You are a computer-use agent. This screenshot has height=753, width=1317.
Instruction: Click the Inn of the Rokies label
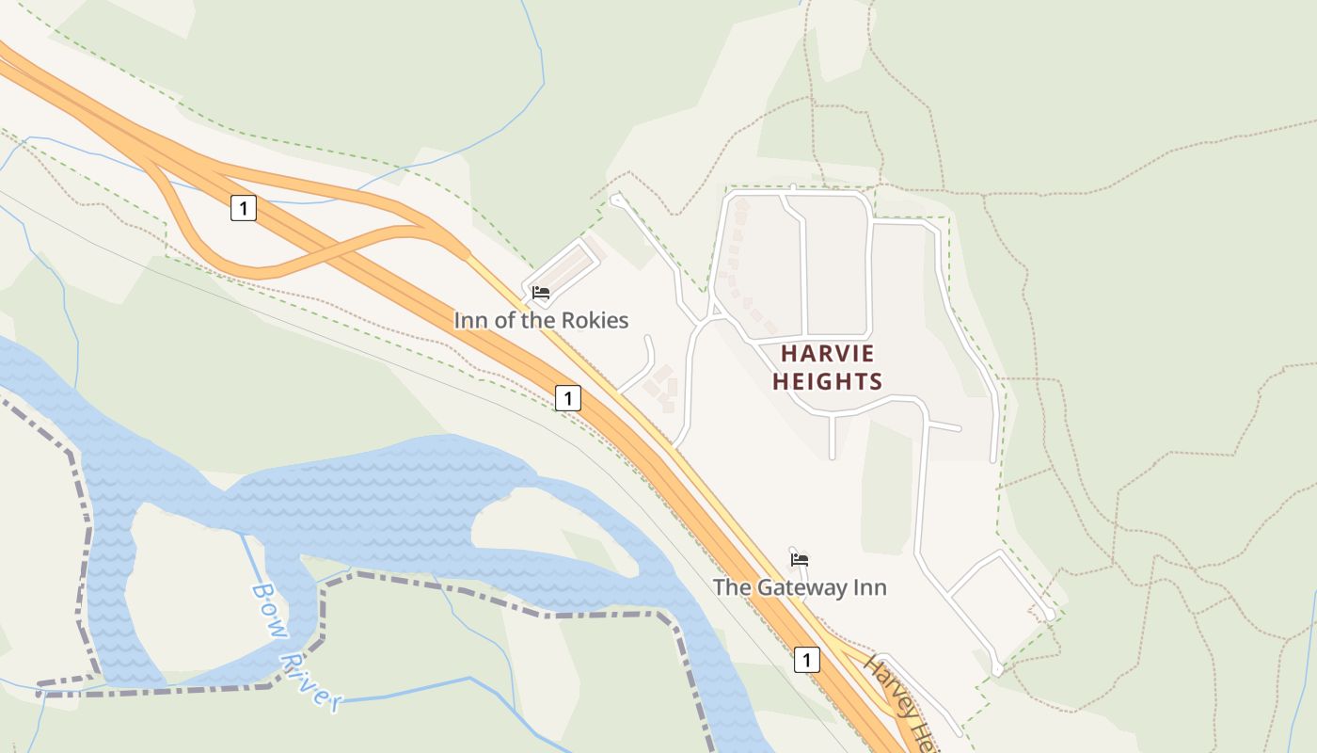click(x=541, y=320)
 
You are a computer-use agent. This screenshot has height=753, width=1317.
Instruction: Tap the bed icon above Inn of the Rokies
click(x=541, y=293)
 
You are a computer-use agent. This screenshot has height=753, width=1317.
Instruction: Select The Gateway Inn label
click(x=800, y=587)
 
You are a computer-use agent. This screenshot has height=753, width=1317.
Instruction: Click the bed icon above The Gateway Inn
click(x=800, y=559)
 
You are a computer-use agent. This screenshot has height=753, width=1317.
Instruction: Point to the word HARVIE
click(x=828, y=354)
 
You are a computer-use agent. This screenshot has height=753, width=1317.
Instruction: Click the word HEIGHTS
click(x=828, y=381)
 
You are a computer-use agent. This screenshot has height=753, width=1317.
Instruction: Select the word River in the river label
click(x=314, y=679)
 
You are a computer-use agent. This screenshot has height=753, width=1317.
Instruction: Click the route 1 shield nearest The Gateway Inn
click(x=805, y=660)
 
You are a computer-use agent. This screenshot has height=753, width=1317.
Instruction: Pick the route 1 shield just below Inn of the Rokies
click(x=567, y=398)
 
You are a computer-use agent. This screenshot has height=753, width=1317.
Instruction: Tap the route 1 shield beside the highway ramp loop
click(x=243, y=208)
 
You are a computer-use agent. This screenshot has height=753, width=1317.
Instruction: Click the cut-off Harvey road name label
click(x=898, y=701)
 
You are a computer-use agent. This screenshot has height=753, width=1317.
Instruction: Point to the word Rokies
click(x=594, y=320)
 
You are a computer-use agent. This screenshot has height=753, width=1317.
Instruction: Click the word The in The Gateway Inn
click(x=730, y=587)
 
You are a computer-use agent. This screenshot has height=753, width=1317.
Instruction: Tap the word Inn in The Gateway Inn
click(x=869, y=587)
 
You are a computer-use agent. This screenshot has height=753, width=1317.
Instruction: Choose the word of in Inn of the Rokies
click(x=503, y=320)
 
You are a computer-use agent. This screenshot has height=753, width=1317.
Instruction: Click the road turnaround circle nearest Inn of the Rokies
click(x=616, y=200)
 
